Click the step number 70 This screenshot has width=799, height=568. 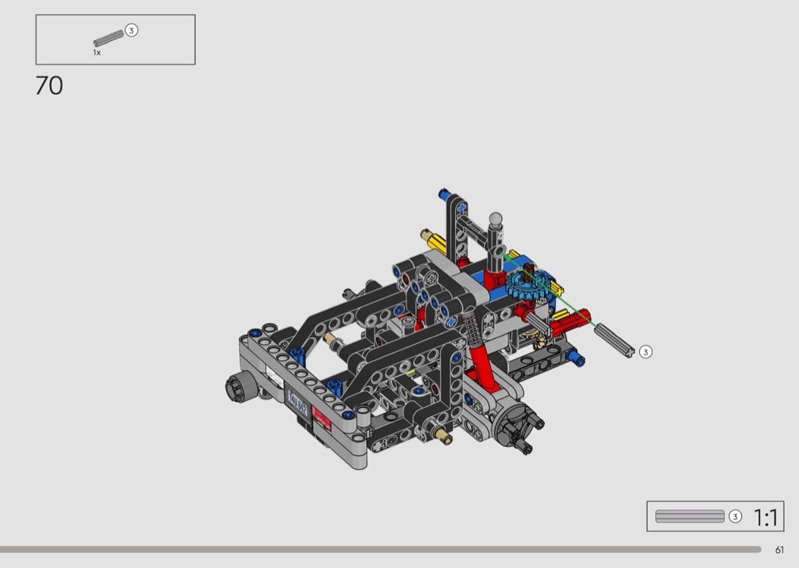coord(49,85)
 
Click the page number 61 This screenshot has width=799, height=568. coord(779,550)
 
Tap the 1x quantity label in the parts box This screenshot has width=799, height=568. coord(97,53)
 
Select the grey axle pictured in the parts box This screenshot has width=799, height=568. coord(109,38)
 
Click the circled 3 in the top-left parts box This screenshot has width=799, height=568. coord(132,30)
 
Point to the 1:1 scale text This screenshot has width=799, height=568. coord(766,518)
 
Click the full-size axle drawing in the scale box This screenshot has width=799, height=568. coord(689,516)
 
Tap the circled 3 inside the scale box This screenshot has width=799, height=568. coord(735,516)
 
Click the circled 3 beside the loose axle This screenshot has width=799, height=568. coord(645,352)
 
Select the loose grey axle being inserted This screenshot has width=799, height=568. coord(615,340)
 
